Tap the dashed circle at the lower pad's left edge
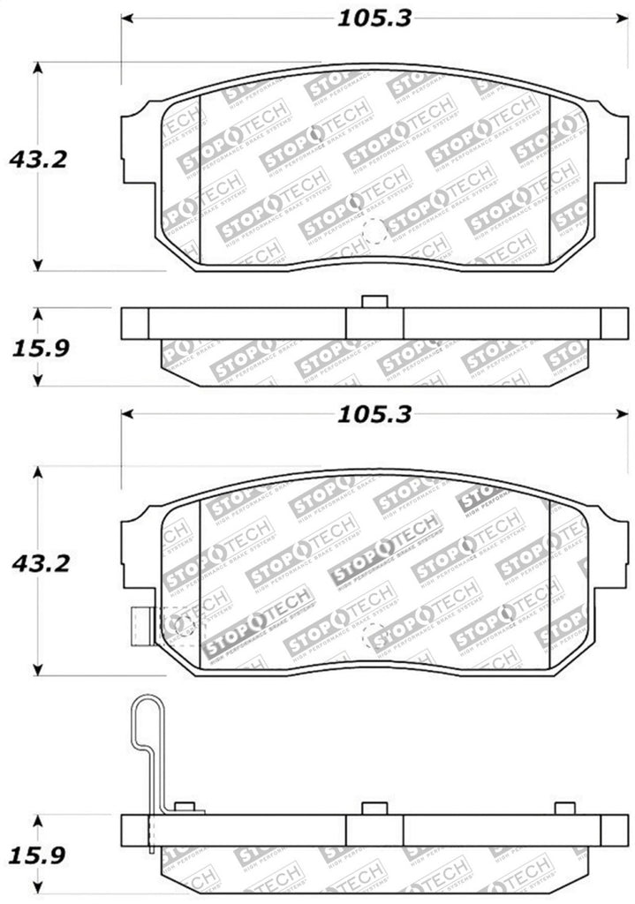point(183,625)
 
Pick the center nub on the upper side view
point(374,303)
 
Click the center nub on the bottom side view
point(374,809)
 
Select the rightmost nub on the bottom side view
point(564,809)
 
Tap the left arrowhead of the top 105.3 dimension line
point(126,19)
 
